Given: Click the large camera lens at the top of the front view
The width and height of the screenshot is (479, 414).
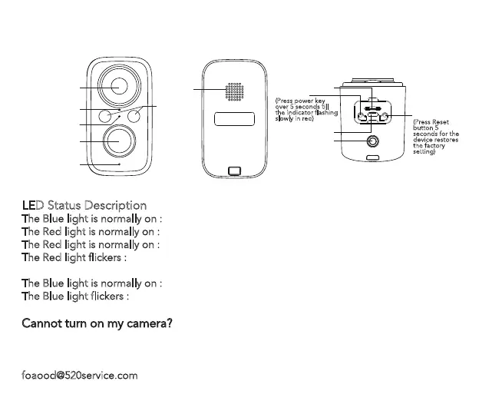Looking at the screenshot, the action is pyautogui.click(x=118, y=86).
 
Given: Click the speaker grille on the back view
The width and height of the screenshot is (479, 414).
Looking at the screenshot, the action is pyautogui.click(x=235, y=91).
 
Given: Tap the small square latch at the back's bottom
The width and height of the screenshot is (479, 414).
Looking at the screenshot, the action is pyautogui.click(x=234, y=171).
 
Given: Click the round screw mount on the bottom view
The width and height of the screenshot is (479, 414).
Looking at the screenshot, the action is pyautogui.click(x=373, y=142).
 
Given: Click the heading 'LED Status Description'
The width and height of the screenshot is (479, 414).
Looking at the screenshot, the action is pyautogui.click(x=84, y=205).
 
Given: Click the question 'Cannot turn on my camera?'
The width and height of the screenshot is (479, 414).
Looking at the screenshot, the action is pyautogui.click(x=96, y=323).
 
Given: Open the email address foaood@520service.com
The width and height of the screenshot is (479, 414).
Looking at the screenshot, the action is pyautogui.click(x=79, y=376).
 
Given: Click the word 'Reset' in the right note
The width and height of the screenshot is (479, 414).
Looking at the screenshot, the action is pyautogui.click(x=441, y=122).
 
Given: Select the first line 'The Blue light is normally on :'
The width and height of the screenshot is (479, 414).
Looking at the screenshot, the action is pyautogui.click(x=91, y=218).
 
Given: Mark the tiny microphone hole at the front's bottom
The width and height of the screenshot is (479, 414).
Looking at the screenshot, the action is pyautogui.click(x=118, y=164).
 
